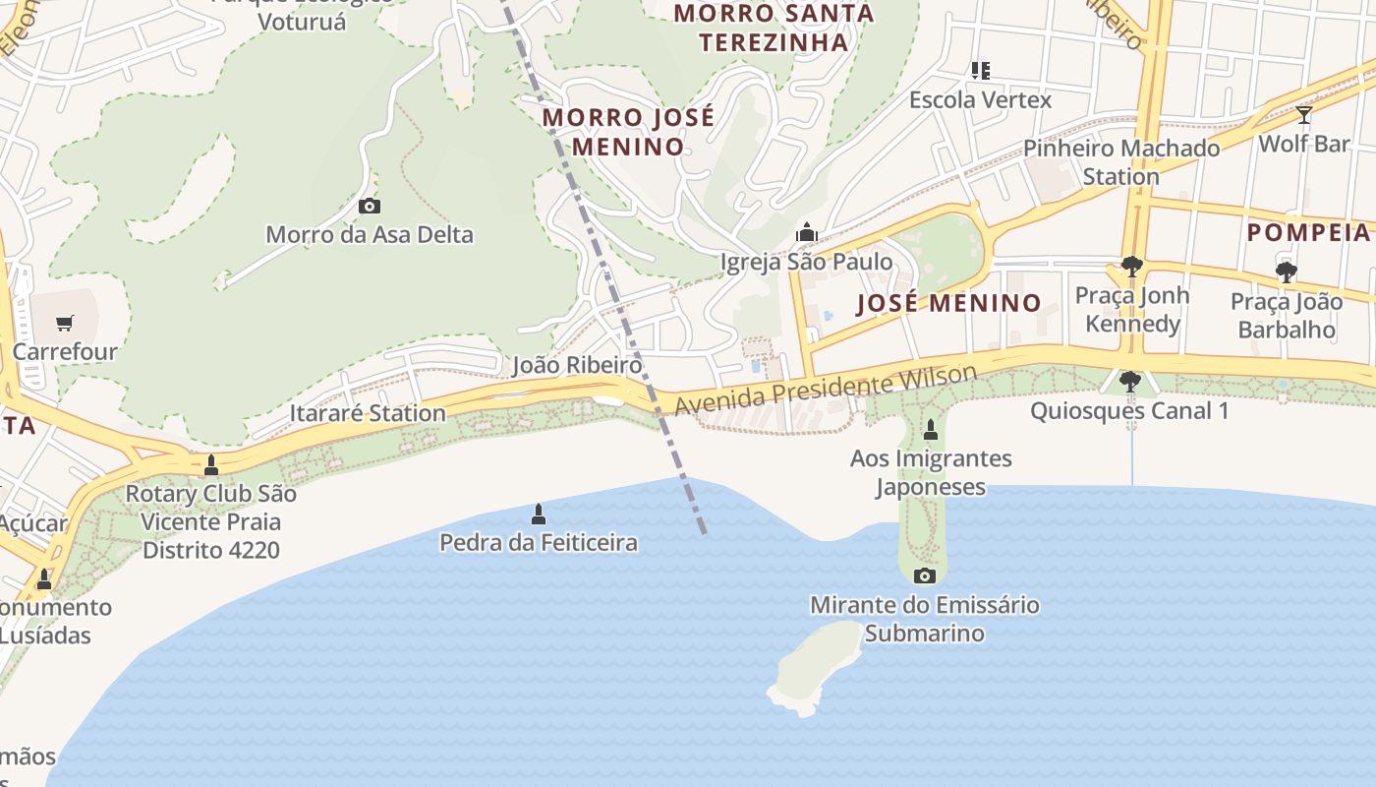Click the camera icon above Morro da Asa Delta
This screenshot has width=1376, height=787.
point(370,206)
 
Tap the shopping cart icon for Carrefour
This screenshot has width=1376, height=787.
point(65,323)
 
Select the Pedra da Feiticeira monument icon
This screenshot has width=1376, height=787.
point(538,514)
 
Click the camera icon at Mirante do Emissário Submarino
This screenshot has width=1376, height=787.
point(924,575)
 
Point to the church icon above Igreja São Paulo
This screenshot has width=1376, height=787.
point(807,232)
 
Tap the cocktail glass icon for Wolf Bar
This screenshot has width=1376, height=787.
point(1303,115)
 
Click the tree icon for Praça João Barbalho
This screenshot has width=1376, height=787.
point(1286,272)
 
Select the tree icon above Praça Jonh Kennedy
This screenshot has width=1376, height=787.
point(1131,267)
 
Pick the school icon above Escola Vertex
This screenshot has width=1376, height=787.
point(980,71)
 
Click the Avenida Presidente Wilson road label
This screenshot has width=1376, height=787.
point(826,390)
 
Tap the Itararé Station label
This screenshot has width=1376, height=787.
point(368,413)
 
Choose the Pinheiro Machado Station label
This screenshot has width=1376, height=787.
point(1121,162)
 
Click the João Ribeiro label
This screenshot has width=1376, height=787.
point(577,366)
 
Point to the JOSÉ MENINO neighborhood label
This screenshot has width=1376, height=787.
point(948,303)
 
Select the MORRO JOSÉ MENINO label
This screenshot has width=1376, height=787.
point(629,132)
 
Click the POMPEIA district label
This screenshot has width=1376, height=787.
point(1308,233)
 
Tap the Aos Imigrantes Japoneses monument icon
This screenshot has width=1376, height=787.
point(930,430)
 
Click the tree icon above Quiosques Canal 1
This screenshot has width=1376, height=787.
point(1129,381)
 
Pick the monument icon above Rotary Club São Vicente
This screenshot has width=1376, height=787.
point(211,465)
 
